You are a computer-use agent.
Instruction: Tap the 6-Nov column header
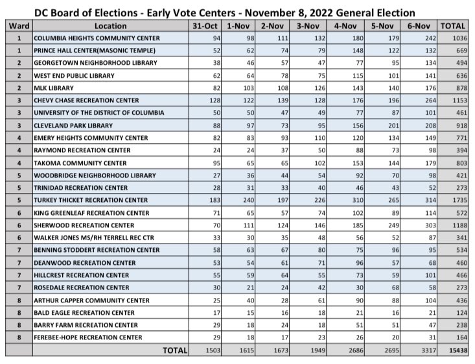(x=419, y=25)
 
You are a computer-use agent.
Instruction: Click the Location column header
(x=110, y=25)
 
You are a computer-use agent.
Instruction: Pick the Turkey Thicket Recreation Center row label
(x=91, y=199)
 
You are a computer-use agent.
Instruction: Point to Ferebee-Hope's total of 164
(x=458, y=337)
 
